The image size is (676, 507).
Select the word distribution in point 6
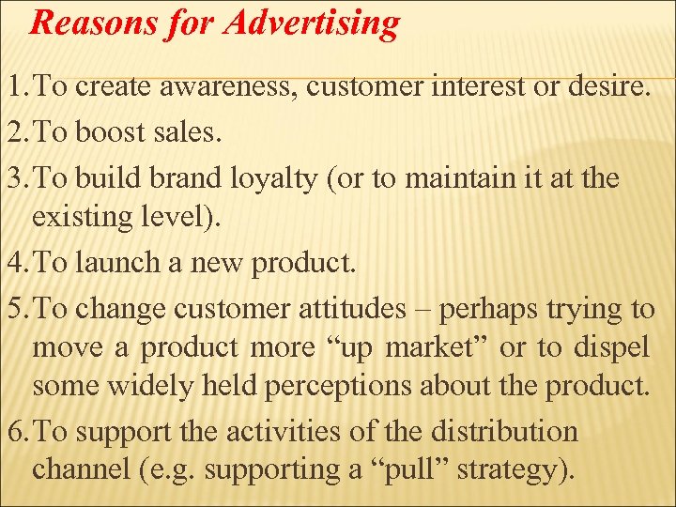tap(505, 431)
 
